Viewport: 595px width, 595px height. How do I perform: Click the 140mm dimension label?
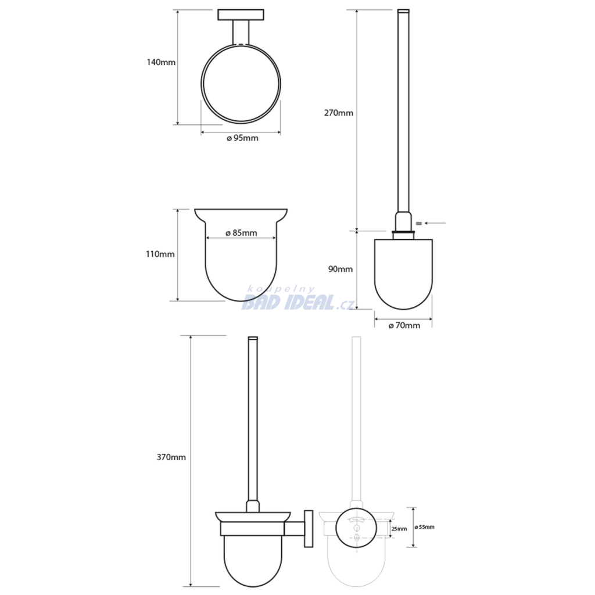[x=161, y=62]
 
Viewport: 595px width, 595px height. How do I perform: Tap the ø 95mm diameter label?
[x=242, y=138]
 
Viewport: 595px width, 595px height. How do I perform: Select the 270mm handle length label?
[x=339, y=113]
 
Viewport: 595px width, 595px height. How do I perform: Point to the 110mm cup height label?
[x=160, y=254]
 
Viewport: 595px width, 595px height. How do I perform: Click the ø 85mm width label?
[x=241, y=232]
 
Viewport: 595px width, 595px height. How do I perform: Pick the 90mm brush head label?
[x=340, y=269]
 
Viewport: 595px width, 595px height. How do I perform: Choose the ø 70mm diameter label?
[x=404, y=325]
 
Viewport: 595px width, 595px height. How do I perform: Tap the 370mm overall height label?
[x=171, y=457]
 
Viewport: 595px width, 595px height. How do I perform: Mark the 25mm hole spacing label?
[x=399, y=529]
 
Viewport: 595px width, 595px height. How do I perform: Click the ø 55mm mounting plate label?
[x=424, y=527]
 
